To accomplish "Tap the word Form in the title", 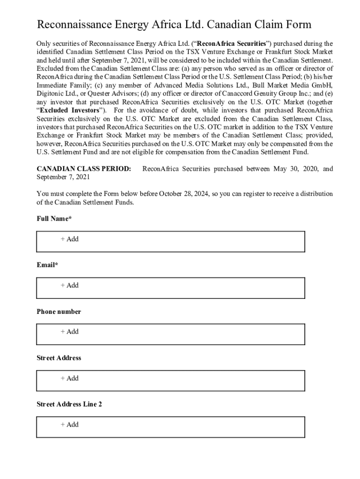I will coord(297,25).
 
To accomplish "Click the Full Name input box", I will coord(171,241).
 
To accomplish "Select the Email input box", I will coord(171,288).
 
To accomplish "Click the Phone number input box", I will coord(171,334).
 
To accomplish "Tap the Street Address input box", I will coord(171,381).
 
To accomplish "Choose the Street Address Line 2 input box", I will coord(171,427).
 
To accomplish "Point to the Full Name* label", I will coord(54,218).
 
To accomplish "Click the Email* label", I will coord(48,265).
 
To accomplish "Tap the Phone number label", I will coord(59,312).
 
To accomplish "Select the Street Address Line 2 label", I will coord(69,404).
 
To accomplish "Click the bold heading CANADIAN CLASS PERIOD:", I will coord(84,169).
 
